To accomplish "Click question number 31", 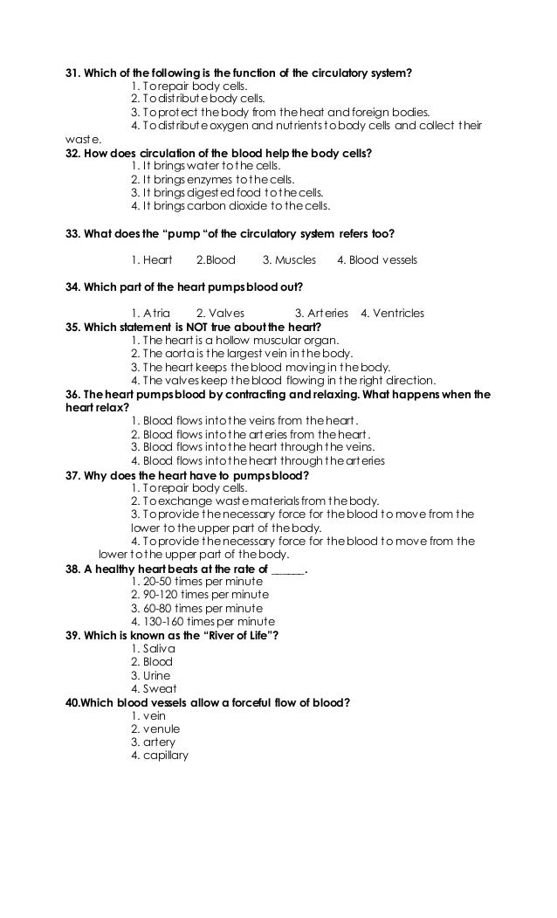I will tap(72, 72).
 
